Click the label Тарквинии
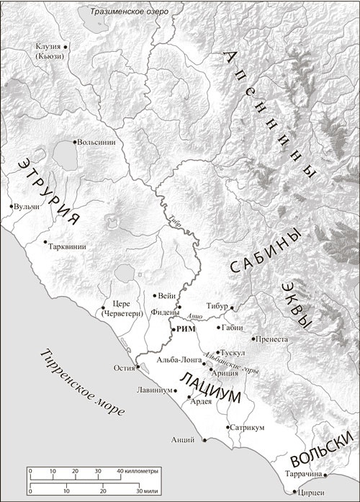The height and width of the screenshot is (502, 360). tap(68, 246)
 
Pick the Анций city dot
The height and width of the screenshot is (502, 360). tap(204, 440)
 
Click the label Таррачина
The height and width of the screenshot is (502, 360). tap(306, 475)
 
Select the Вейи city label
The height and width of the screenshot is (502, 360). tap(167, 295)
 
